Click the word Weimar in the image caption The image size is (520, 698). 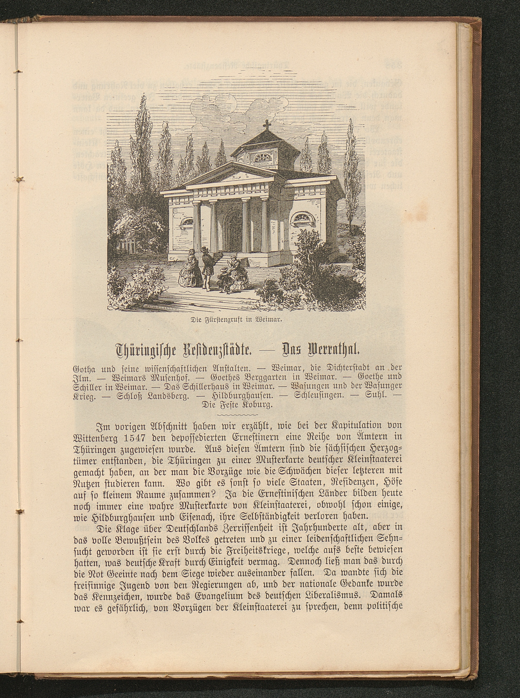[271, 322]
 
